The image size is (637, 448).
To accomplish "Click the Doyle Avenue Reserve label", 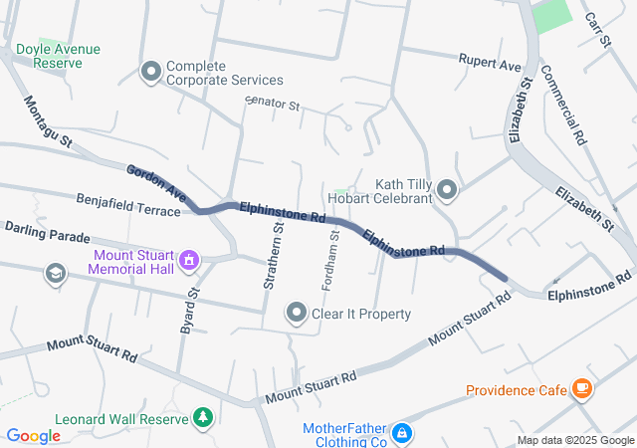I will click(x=58, y=56).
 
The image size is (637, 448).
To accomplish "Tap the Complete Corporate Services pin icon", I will click(x=151, y=71).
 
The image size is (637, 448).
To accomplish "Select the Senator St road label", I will click(x=272, y=103).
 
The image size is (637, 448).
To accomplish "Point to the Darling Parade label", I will click(x=47, y=233).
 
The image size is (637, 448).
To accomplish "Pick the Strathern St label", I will click(x=272, y=256).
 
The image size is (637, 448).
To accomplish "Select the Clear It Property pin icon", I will click(x=297, y=314).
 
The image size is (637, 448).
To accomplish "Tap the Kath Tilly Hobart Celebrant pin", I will click(x=446, y=189).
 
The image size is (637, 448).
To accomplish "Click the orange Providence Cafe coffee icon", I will click(x=580, y=389).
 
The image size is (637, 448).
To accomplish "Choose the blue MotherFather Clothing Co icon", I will click(x=402, y=433).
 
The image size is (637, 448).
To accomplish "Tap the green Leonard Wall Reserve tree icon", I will click(x=203, y=418).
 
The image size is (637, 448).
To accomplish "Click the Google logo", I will click(x=33, y=435).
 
